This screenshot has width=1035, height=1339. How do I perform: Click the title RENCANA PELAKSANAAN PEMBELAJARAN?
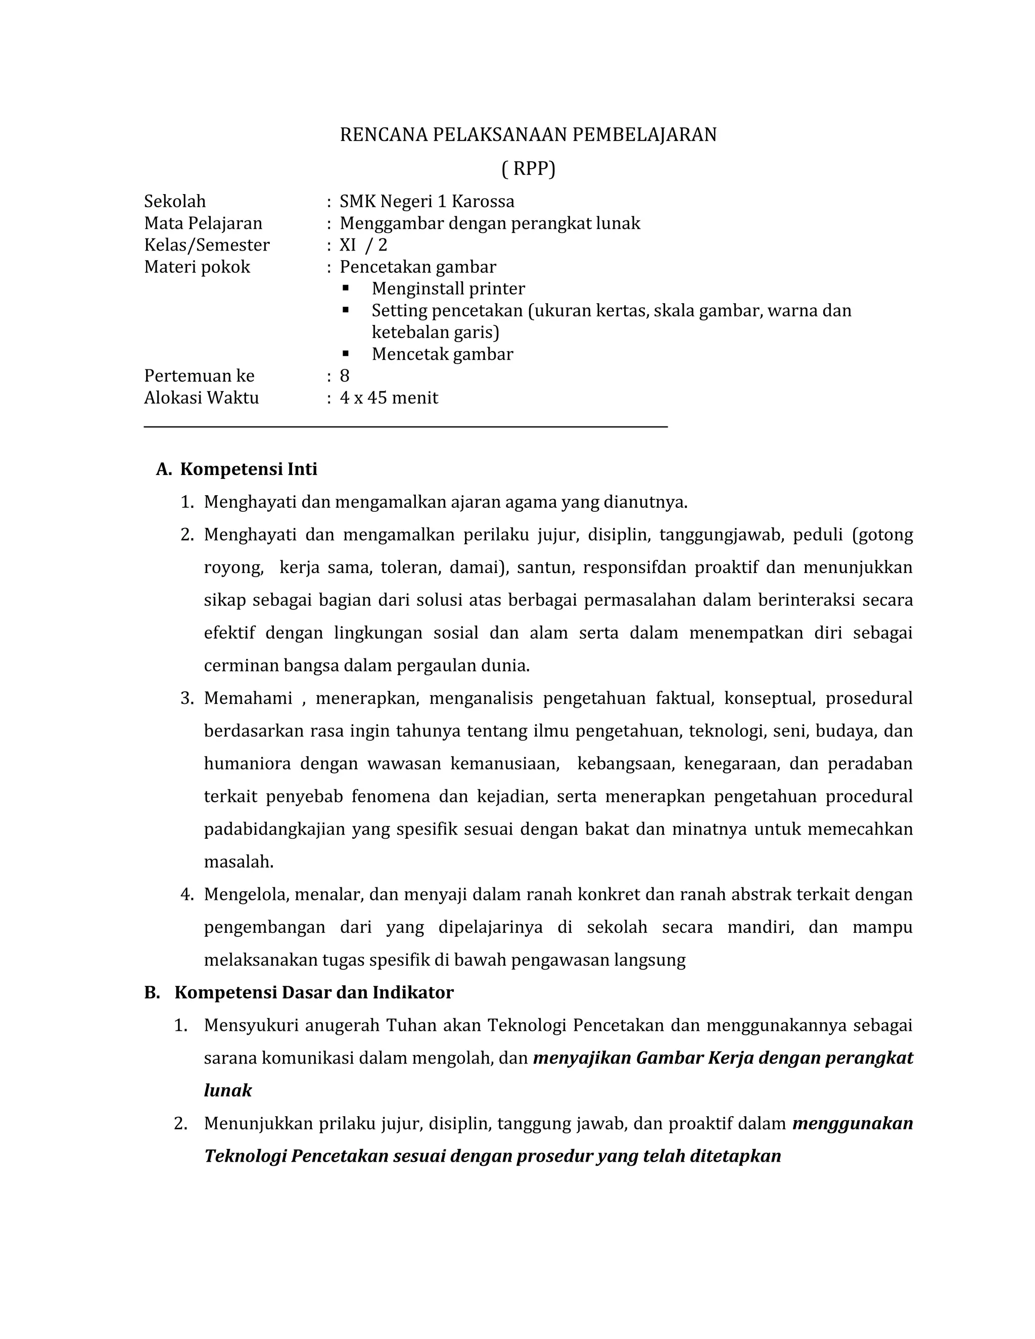point(528,134)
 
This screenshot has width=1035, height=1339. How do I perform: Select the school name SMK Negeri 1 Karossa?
point(427,201)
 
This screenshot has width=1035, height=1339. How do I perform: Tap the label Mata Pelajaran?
point(203,223)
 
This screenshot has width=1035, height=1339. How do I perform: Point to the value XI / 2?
point(363,245)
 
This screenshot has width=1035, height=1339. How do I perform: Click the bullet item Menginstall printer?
point(448,289)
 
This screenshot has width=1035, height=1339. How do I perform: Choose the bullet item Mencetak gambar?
point(442,354)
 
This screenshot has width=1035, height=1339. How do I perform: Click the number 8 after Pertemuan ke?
point(345,376)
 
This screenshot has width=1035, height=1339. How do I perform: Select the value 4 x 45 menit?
point(389,398)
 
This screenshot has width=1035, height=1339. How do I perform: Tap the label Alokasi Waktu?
point(201,398)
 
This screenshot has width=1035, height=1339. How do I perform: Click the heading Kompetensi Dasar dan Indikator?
point(313,992)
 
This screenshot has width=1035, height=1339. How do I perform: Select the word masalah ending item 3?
point(238,862)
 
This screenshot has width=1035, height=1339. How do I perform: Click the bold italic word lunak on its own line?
point(227,1090)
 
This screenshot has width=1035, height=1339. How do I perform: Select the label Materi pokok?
point(197,267)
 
